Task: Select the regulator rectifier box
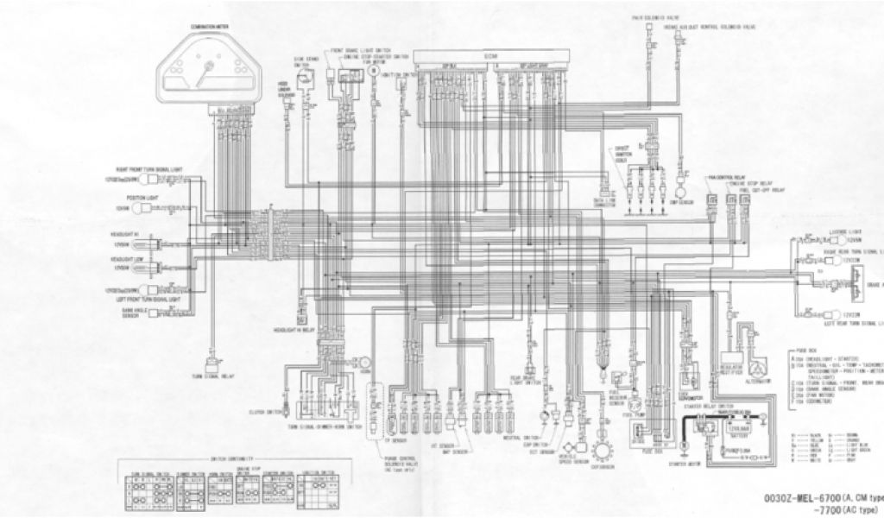click(x=733, y=353)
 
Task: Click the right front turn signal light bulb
click(x=161, y=181)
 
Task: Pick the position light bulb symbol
click(x=161, y=208)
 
